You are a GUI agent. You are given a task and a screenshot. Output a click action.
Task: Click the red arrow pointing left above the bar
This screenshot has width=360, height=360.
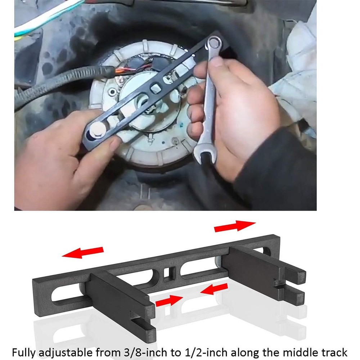(x=83, y=252)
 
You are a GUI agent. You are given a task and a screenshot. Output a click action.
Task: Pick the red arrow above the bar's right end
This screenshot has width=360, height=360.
(x=235, y=226)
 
